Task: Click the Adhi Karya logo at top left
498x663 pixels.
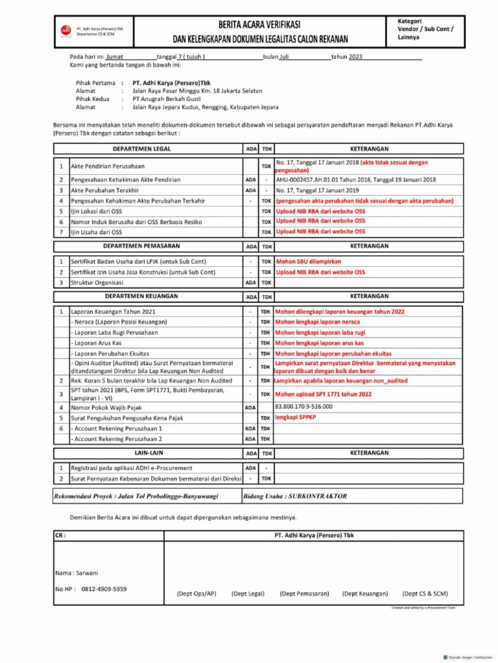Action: pyautogui.click(x=65, y=30)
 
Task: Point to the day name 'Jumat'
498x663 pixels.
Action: pyautogui.click(x=119, y=57)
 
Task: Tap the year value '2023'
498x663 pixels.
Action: pyautogui.click(x=355, y=57)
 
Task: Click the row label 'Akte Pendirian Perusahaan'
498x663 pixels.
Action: pyautogui.click(x=108, y=166)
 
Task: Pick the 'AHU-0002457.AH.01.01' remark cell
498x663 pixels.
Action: pyautogui.click(x=356, y=179)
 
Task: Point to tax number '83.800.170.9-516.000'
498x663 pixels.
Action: pyautogui.click(x=303, y=407)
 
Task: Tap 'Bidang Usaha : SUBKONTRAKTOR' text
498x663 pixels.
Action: pyautogui.click(x=296, y=497)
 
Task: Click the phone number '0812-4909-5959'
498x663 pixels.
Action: pyautogui.click(x=104, y=589)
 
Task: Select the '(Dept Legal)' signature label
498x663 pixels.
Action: pyautogui.click(x=248, y=593)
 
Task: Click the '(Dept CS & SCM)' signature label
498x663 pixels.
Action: pyautogui.click(x=425, y=593)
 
